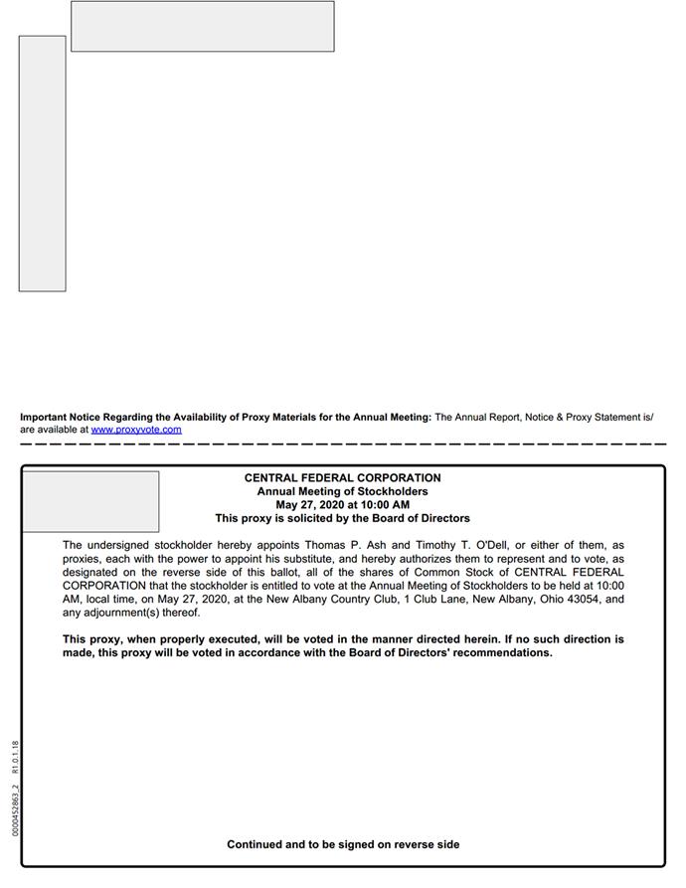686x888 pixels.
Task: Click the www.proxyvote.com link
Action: (x=136, y=430)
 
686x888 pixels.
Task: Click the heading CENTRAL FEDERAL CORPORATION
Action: (x=342, y=478)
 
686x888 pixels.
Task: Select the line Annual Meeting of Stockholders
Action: (x=342, y=491)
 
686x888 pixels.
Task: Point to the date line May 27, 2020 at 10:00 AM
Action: (x=342, y=505)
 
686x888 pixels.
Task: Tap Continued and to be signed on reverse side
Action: (x=343, y=844)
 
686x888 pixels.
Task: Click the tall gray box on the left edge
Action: (x=42, y=164)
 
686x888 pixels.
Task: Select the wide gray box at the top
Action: (x=202, y=26)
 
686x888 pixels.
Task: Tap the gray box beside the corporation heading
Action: (x=90, y=502)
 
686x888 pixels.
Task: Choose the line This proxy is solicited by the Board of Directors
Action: (x=342, y=518)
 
